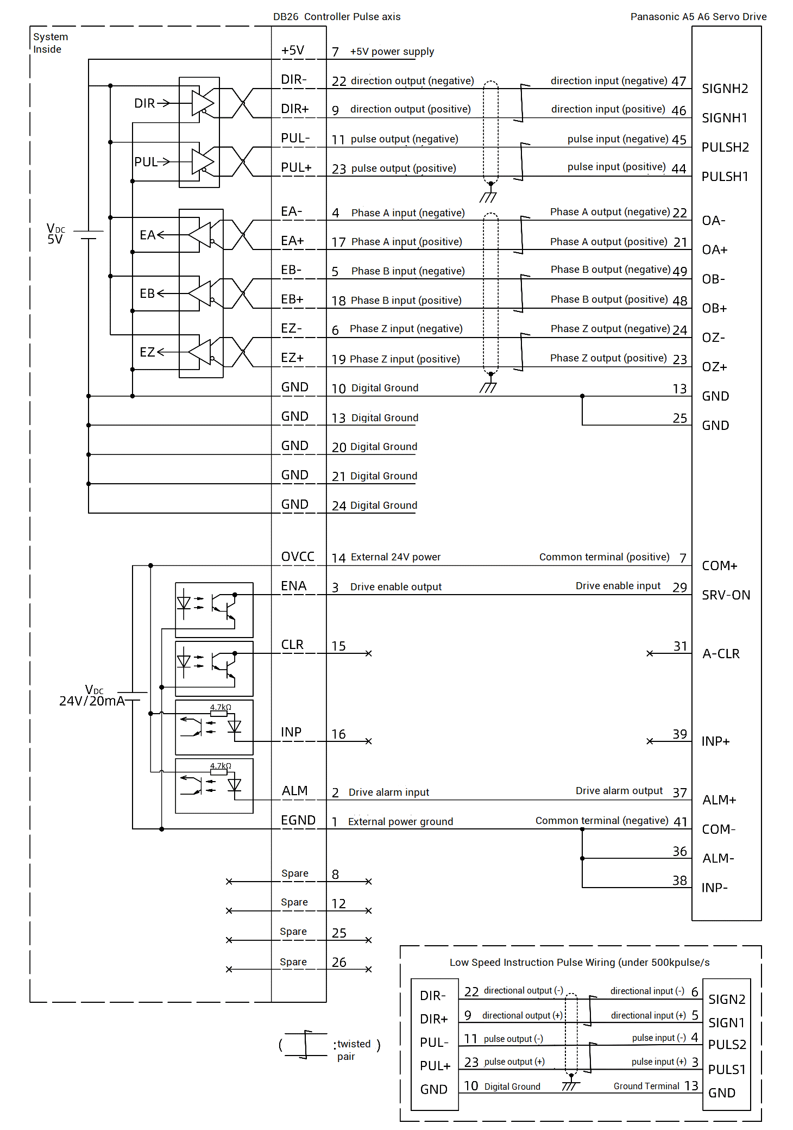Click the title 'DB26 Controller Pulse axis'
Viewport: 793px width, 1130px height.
pos(337,17)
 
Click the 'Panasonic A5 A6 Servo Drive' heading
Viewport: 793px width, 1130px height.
pos(698,17)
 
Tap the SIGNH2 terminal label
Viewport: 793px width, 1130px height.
pos(725,89)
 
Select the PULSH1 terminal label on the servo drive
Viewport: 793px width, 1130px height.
pos(725,177)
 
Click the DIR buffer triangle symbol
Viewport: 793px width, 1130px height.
pos(202,103)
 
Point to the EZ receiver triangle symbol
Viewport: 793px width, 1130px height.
pos(200,352)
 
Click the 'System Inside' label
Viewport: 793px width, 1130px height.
pos(50,43)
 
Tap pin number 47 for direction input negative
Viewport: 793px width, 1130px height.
pos(678,82)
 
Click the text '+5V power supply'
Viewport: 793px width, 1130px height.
pos(392,52)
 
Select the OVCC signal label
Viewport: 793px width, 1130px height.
pos(298,557)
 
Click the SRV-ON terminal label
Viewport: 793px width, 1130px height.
pos(726,595)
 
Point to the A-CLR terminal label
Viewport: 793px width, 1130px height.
pos(721,654)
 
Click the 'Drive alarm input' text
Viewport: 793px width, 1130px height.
pos(388,792)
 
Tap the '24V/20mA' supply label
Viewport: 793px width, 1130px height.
pos(92,701)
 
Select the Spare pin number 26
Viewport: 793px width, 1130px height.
pos(339,963)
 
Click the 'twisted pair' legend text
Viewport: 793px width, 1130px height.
pos(353,1050)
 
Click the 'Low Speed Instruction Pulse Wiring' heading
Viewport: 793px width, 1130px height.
pos(579,963)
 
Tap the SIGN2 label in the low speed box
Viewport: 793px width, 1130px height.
pos(726,1000)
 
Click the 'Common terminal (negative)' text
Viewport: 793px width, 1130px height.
pos(601,821)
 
